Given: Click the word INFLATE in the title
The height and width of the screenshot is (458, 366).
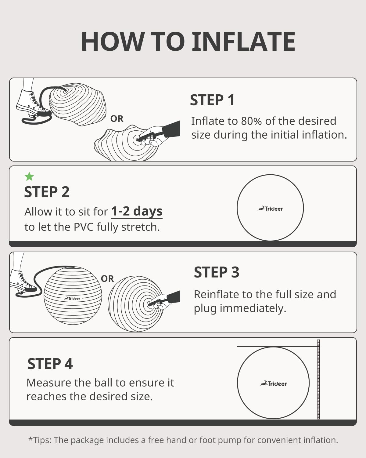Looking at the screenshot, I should coord(243,42).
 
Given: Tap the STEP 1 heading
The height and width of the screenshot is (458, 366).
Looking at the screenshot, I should coord(212,100).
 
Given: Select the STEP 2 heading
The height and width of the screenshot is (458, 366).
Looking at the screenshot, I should coord(47,192).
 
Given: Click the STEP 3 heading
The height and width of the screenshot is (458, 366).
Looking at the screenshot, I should coord(217,272).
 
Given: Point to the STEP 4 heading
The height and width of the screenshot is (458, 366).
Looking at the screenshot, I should coord(50,364).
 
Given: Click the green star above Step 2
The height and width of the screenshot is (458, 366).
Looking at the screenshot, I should coord(29,176).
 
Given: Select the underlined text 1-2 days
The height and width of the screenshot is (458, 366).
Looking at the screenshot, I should coord(137,211).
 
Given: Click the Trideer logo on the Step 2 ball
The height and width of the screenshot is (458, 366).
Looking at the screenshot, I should coord(271,209).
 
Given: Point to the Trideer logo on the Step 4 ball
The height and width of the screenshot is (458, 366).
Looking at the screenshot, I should coord(274,383).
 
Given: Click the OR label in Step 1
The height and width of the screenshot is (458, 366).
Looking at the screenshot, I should coord(117,119).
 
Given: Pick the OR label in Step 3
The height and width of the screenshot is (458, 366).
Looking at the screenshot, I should coord(107,279).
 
